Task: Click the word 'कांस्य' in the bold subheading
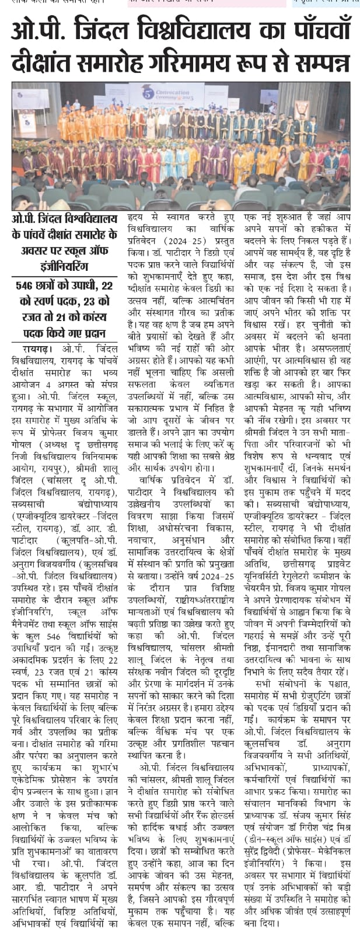pos(100,318)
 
